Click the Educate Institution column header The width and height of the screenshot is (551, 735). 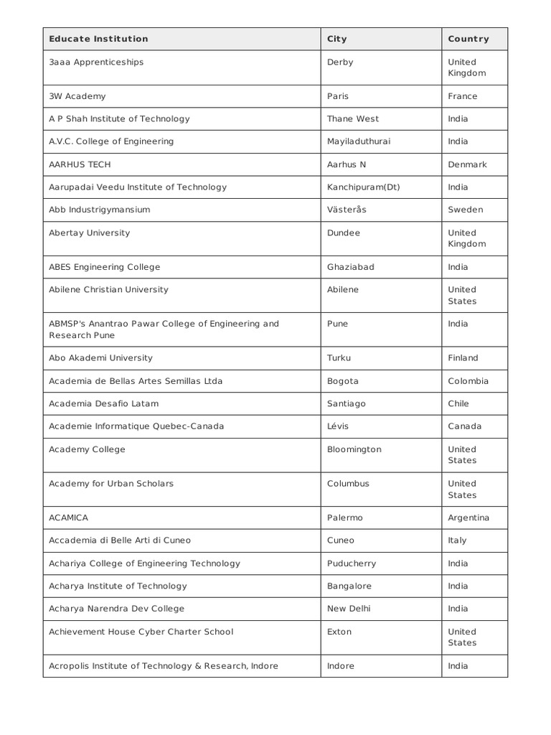point(98,39)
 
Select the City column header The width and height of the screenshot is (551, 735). point(336,39)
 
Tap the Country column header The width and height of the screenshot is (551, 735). point(468,39)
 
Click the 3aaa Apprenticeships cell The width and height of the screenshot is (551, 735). point(96,62)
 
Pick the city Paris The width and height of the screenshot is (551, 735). point(339,96)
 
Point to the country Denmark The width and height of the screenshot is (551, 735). point(467,164)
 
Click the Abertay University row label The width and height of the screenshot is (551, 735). point(89,233)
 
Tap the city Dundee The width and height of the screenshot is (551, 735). point(344,233)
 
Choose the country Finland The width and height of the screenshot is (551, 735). point(463,357)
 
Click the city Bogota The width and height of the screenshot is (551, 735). point(342,380)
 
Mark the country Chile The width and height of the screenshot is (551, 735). point(458,403)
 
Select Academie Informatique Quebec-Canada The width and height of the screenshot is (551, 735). point(136,426)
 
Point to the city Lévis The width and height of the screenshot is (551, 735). point(338,426)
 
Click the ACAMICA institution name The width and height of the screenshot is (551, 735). point(68,518)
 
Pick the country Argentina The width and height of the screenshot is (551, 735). point(468,518)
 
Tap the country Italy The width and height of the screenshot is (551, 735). point(457,540)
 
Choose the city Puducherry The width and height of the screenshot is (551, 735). point(351,563)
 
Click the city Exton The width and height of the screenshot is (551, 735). point(339,632)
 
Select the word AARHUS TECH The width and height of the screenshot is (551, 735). point(80,164)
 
